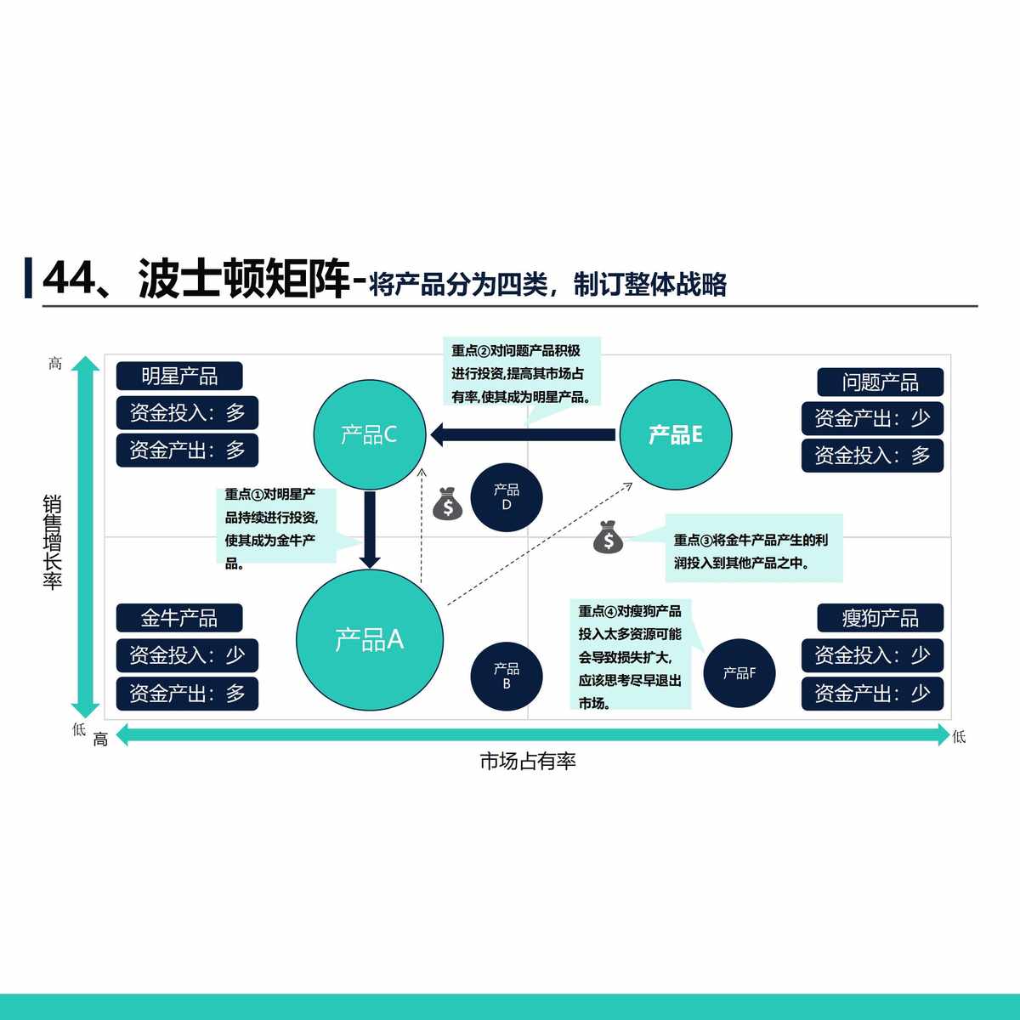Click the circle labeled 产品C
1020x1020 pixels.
coord(369,435)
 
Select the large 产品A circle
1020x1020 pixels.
coord(370,639)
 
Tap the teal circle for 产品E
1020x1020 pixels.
coord(675,435)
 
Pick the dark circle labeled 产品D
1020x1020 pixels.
coord(507,497)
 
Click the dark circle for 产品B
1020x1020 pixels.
coord(507,676)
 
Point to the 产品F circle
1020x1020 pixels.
coord(739,673)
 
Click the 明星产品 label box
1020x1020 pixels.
coord(179,376)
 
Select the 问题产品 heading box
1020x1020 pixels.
coord(881,382)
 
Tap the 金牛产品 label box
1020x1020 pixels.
coord(179,618)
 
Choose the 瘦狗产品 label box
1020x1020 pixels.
coord(881,618)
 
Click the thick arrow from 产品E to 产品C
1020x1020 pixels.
coord(523,435)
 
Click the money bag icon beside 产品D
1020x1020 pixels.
coord(447,504)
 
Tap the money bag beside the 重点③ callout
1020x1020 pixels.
coord(608,537)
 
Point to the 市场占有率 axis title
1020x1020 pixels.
coord(528,762)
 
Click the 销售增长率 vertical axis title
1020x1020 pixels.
coord(53,542)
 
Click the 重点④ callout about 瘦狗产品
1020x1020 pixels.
coord(630,657)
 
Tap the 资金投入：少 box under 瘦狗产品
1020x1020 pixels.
coord(872,655)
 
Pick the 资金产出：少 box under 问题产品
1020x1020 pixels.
coord(872,418)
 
